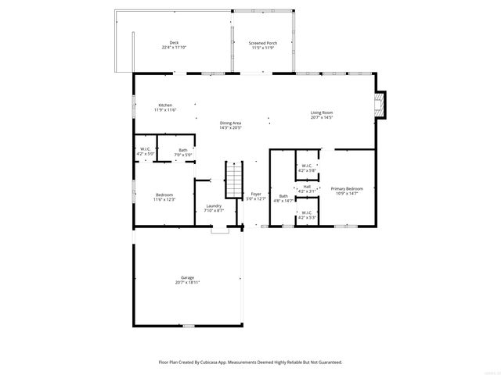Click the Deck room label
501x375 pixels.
pos(173,42)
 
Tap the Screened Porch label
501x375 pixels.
pos(262,42)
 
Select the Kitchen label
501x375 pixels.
pos(165,105)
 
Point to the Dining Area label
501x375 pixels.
pos(230,123)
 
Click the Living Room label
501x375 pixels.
pos(322,113)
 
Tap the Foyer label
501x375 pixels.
pos(256,194)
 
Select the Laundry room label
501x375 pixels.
pos(214,206)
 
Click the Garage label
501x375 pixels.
pos(188,277)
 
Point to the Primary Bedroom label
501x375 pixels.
pos(346,188)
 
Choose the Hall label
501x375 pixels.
pos(307,186)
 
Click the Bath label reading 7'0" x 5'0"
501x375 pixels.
pos(183,150)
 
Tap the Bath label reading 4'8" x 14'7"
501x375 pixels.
pos(283,197)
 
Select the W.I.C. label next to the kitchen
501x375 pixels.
pos(146,148)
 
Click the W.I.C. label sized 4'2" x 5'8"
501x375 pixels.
pos(307,166)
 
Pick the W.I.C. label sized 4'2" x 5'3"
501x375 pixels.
pos(307,213)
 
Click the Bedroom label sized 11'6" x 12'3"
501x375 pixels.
pos(164,195)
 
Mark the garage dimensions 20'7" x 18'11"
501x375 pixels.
pos(188,282)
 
